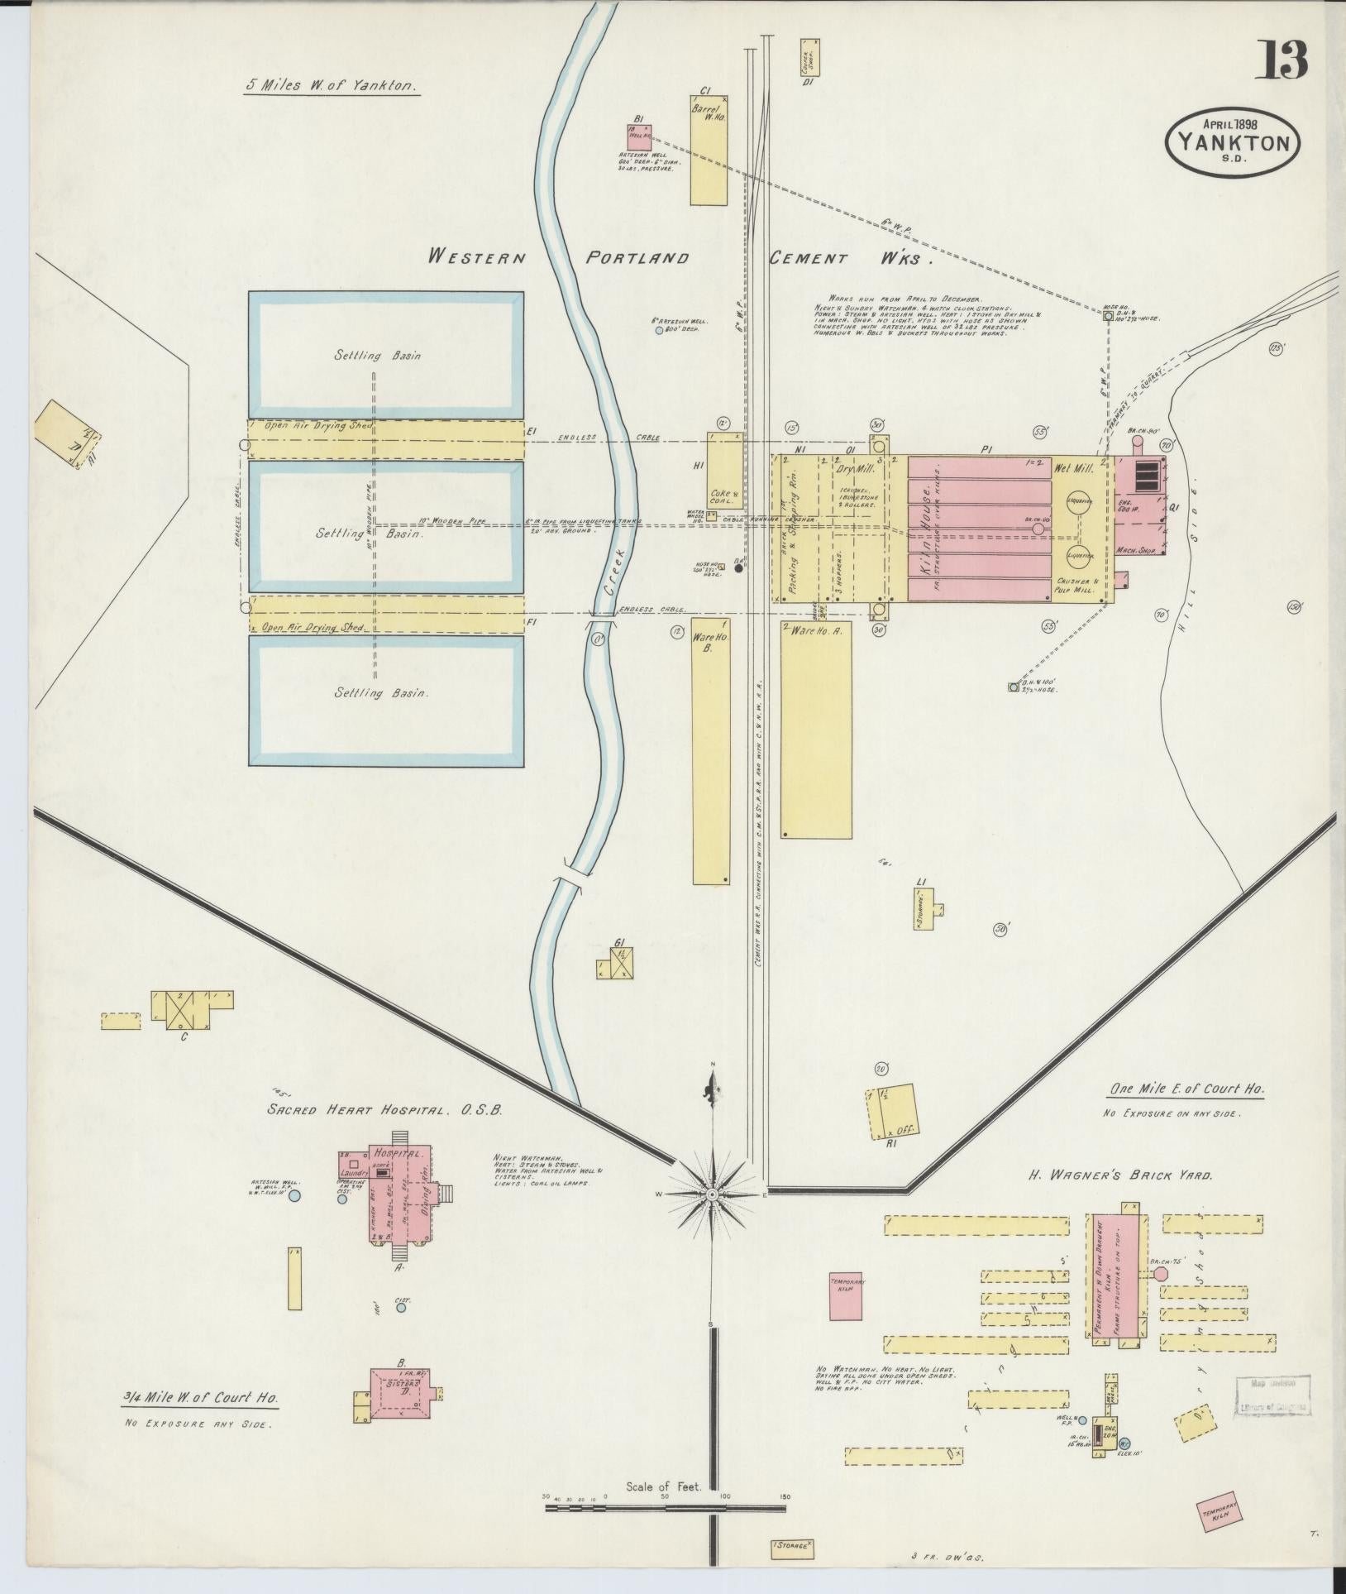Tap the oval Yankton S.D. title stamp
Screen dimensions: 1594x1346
pyautogui.click(x=1231, y=142)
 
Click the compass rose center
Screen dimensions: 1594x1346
pyautogui.click(x=711, y=1194)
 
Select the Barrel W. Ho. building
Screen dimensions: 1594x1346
pyautogui.click(x=709, y=151)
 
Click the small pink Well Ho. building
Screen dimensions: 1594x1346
pyautogui.click(x=639, y=136)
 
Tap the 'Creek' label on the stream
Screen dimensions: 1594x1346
pyautogui.click(x=612, y=572)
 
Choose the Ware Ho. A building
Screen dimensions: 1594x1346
pyautogui.click(x=816, y=729)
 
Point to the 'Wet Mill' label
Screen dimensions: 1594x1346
pyautogui.click(x=1074, y=468)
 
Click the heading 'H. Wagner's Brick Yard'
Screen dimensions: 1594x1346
pyautogui.click(x=1119, y=1175)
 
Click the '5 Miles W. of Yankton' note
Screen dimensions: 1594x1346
pyautogui.click(x=332, y=85)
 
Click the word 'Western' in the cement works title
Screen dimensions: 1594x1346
pyautogui.click(x=476, y=257)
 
